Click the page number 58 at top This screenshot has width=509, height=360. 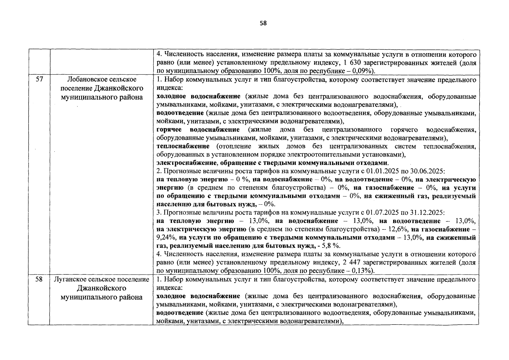263,23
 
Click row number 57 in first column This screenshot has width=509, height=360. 39,79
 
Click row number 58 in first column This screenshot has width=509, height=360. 39,279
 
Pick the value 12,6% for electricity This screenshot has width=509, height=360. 398,229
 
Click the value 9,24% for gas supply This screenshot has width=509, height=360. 166,238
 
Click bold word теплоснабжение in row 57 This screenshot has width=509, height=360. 183,146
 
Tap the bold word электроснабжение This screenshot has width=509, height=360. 186,163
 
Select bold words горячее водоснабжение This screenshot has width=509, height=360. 198,130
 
